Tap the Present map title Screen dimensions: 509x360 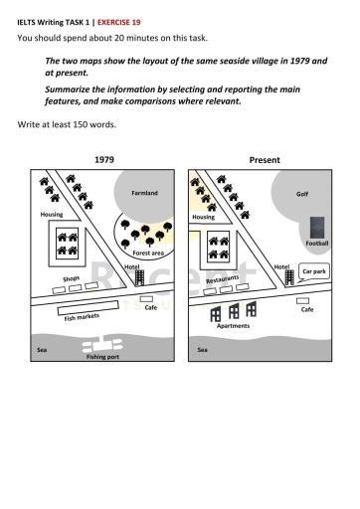point(266,159)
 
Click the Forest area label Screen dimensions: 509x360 point(148,254)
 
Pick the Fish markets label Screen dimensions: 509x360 point(83,316)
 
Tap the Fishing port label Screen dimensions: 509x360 point(101,356)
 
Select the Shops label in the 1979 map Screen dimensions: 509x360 point(72,279)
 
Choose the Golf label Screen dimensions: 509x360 point(302,193)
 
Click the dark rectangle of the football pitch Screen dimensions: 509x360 point(316,227)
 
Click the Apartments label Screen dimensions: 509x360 point(233,325)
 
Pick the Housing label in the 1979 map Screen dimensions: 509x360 point(52,214)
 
